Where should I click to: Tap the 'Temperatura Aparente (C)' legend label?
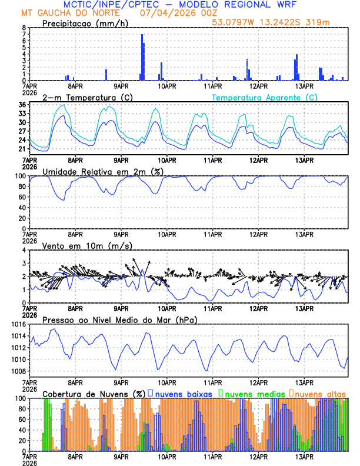(265, 97)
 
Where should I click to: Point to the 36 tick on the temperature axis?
(22, 105)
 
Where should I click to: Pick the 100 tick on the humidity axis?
(20, 176)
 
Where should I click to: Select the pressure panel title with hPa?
(119, 319)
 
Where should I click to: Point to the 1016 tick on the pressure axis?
(18, 324)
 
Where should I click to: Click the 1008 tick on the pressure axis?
(18, 371)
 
